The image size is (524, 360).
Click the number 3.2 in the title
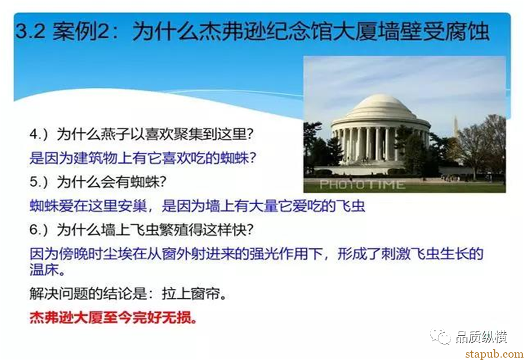30,30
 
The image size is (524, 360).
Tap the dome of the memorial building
379,106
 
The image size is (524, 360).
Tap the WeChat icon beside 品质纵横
440,337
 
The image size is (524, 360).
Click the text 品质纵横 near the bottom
481,337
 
